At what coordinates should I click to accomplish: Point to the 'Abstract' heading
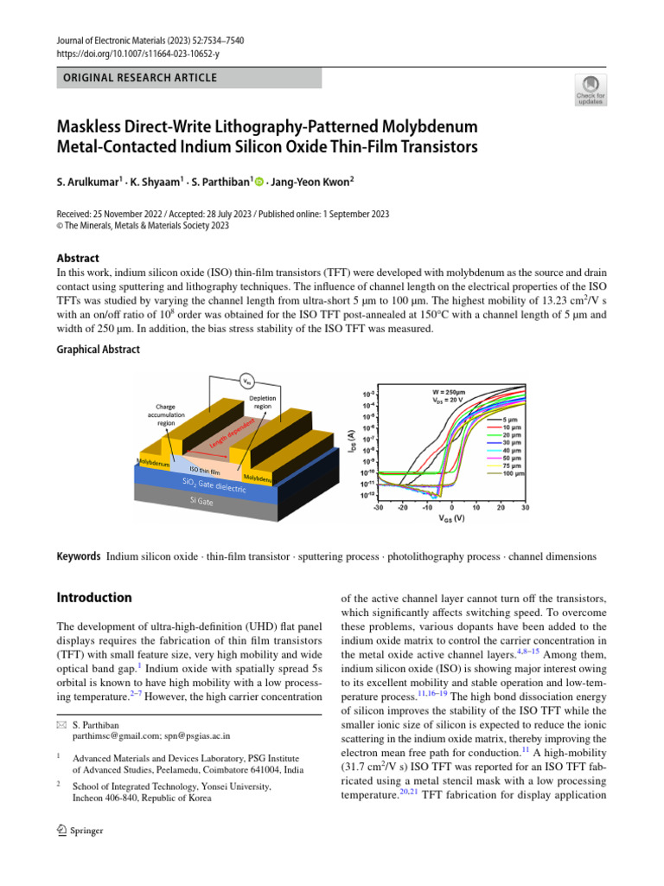click(78, 258)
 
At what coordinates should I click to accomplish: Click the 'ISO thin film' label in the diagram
click(205, 471)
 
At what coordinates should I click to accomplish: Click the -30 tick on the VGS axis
click(378, 508)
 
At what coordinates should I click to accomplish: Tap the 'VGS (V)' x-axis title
click(450, 519)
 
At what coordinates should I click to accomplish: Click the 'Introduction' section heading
click(94, 597)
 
